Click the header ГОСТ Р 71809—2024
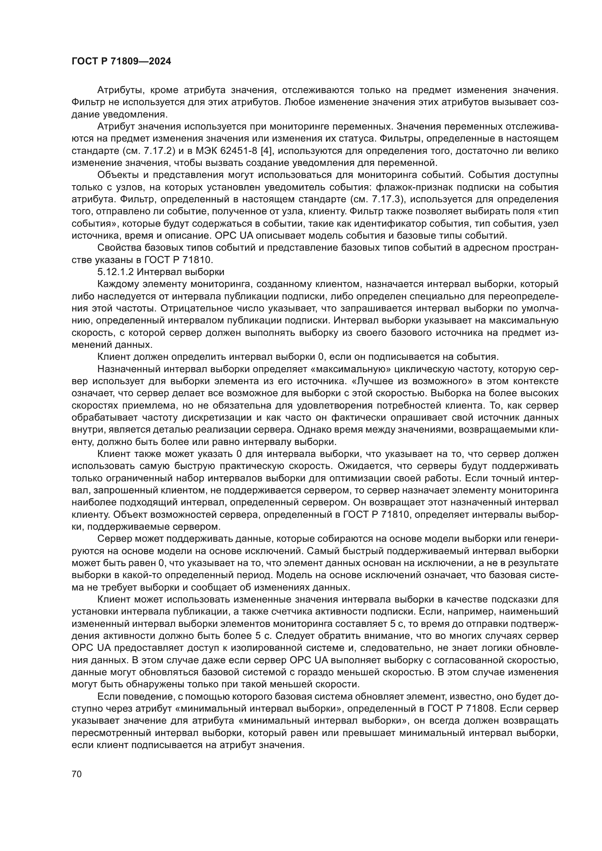click(x=121, y=61)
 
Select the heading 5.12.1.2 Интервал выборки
click(x=161, y=272)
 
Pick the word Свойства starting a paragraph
click(x=119, y=248)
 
